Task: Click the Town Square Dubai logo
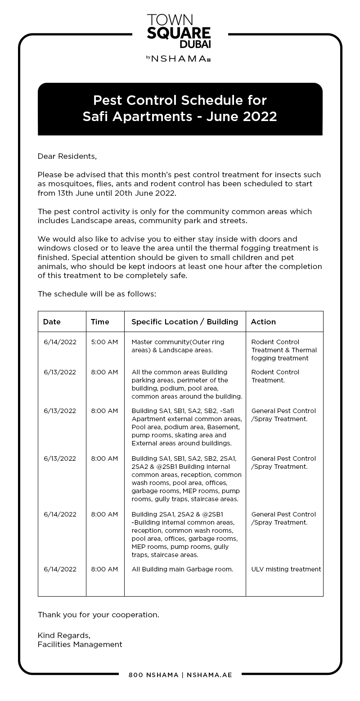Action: point(179,31)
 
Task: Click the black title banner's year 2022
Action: point(260,117)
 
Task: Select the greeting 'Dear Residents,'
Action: point(67,156)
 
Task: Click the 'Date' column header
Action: point(52,322)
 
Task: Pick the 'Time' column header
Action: point(100,322)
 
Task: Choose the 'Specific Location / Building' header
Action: point(184,322)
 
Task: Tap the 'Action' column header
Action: point(263,322)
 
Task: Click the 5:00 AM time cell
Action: point(104,342)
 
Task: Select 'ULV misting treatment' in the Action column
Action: point(286,569)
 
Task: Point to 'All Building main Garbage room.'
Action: point(182,569)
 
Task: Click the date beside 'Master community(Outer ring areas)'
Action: point(60,342)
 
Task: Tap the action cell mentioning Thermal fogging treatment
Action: point(284,350)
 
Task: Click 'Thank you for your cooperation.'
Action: point(98,615)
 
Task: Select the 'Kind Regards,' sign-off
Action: point(64,635)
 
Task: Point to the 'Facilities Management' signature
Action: point(80,644)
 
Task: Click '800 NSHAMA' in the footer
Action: point(153,675)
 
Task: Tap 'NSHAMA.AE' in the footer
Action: point(209,675)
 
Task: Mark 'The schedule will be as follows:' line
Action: point(97,294)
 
